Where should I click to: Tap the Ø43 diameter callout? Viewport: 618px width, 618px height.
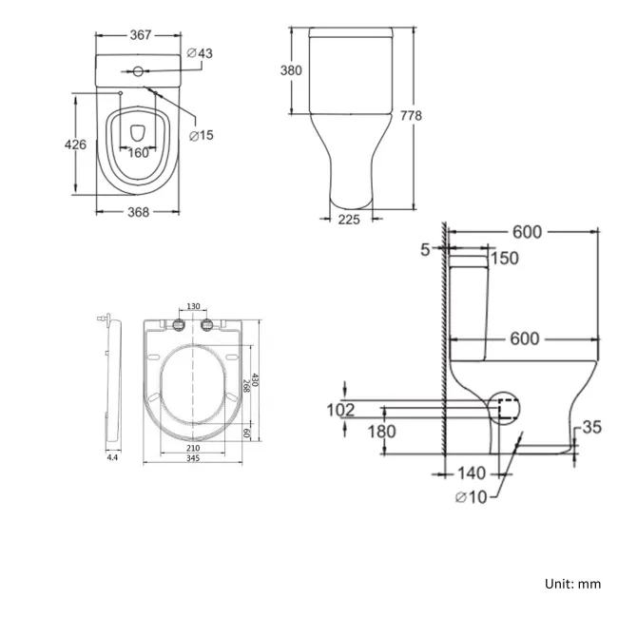click(x=201, y=53)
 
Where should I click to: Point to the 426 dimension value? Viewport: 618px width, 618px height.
click(x=75, y=145)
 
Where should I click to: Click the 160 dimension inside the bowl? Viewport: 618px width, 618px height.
click(x=139, y=152)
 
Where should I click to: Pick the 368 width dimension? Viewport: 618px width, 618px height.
click(x=139, y=211)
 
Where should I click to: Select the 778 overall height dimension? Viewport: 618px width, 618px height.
click(x=411, y=115)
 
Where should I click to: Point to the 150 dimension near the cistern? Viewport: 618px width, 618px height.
click(x=505, y=259)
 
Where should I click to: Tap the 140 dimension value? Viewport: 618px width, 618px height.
click(x=471, y=473)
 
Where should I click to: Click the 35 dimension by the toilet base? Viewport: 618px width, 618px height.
click(x=591, y=428)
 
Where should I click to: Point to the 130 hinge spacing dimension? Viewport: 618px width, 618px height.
click(x=193, y=306)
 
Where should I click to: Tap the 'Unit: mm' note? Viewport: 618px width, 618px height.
click(x=571, y=584)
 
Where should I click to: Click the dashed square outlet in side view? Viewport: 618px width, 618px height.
click(x=507, y=409)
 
